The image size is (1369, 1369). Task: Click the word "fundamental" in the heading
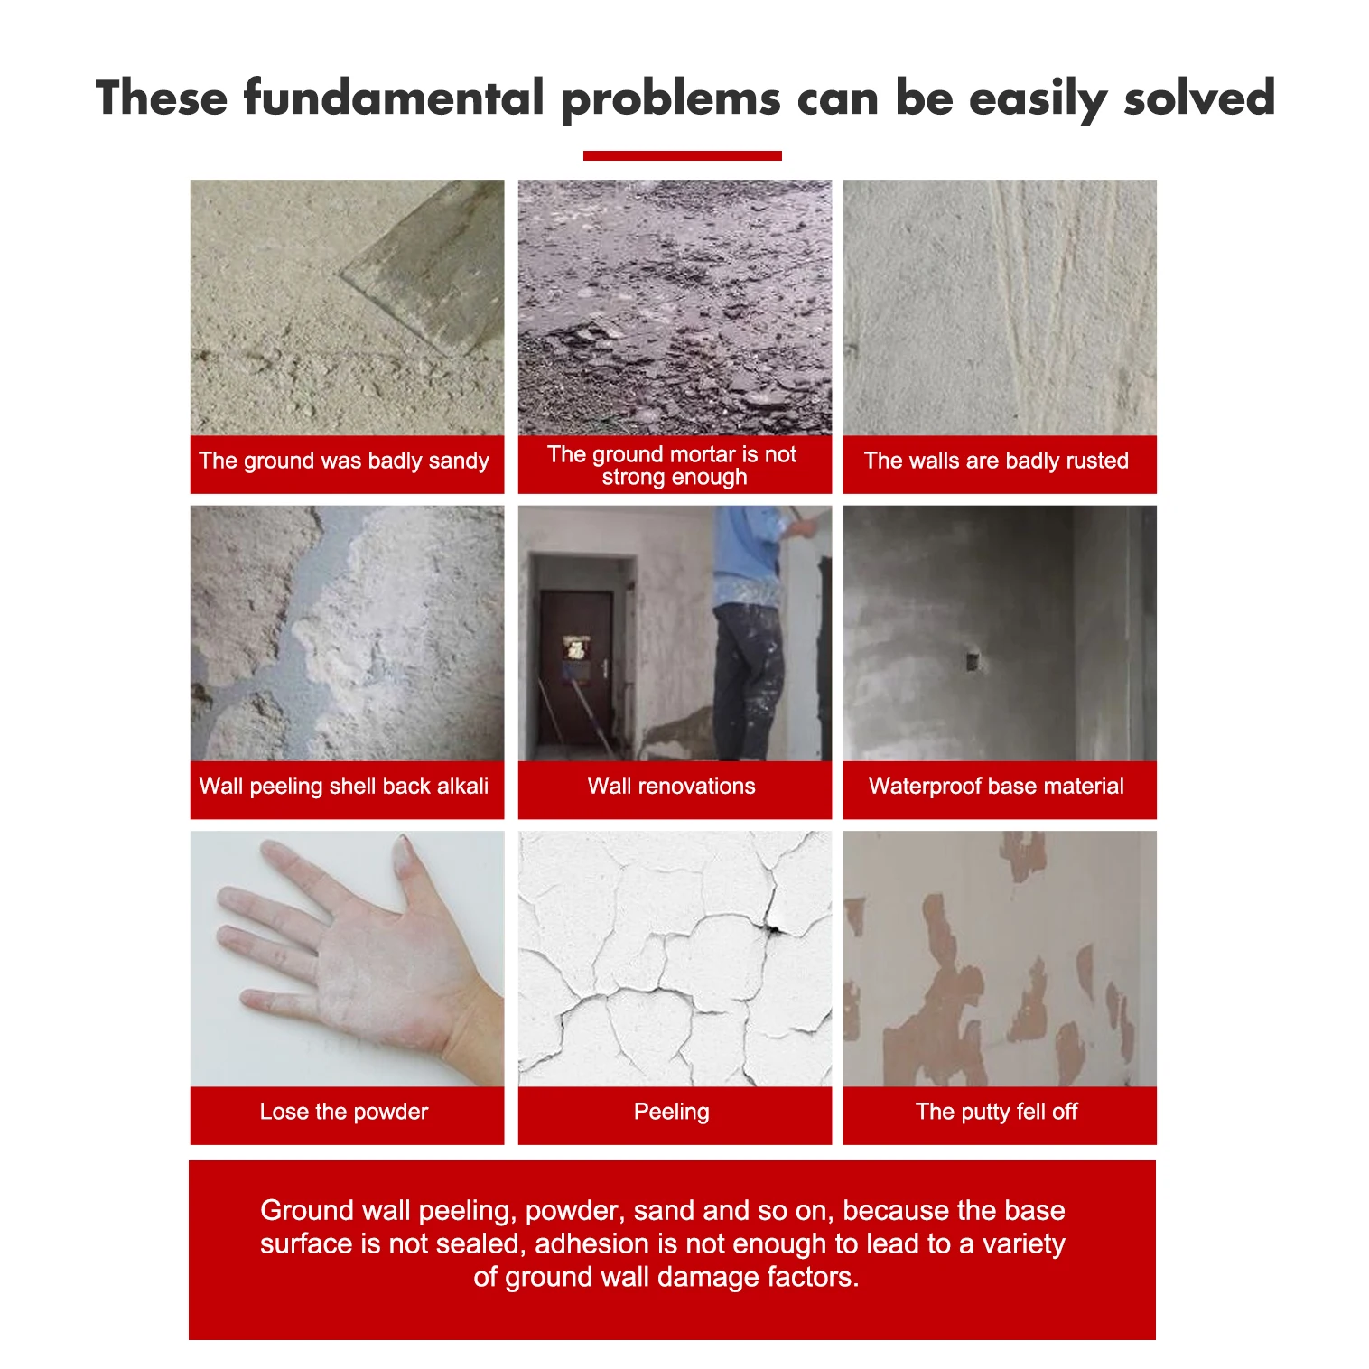(394, 98)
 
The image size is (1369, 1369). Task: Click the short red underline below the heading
(682, 155)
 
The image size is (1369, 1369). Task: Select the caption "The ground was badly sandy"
(344, 461)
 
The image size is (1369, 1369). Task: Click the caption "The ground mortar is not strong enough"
(673, 465)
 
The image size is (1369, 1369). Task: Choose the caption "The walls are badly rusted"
(996, 461)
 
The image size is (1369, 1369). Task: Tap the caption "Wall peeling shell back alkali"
(344, 786)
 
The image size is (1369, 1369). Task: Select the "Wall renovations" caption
(672, 786)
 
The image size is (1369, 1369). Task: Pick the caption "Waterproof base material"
(996, 786)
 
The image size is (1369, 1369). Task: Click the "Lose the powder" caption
(344, 1112)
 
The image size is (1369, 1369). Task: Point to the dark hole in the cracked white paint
(773, 927)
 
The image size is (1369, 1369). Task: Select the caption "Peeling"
(672, 1112)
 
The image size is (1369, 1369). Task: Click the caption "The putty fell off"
(996, 1112)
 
